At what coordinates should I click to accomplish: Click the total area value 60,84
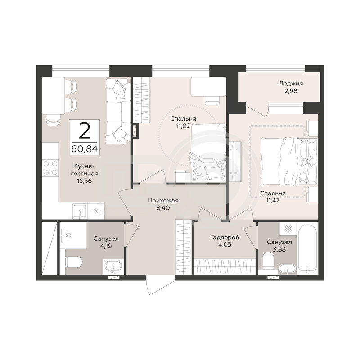click(x=85, y=149)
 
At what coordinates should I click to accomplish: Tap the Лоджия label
click(x=291, y=84)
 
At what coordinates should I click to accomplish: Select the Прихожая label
click(x=163, y=200)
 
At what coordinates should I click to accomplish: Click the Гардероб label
click(x=225, y=238)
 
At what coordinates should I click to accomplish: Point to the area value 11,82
click(x=183, y=126)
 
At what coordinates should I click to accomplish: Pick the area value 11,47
click(x=273, y=200)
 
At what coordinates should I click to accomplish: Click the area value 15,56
click(x=84, y=181)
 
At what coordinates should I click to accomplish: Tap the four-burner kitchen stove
click(x=50, y=168)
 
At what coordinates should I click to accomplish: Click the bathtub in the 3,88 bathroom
click(x=307, y=248)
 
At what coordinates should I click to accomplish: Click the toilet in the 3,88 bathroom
click(x=268, y=261)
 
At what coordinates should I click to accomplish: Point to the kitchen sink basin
click(x=80, y=211)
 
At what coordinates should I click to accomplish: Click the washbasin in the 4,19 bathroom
click(x=113, y=267)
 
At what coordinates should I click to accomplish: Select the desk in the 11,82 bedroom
click(x=208, y=86)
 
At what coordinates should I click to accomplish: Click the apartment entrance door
click(x=160, y=284)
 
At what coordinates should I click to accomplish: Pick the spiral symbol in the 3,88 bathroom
click(x=288, y=229)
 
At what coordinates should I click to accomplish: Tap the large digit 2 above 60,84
click(x=85, y=130)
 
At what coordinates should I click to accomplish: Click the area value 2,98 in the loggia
click(x=291, y=91)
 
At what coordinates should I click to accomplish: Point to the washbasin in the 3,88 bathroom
click(x=287, y=269)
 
